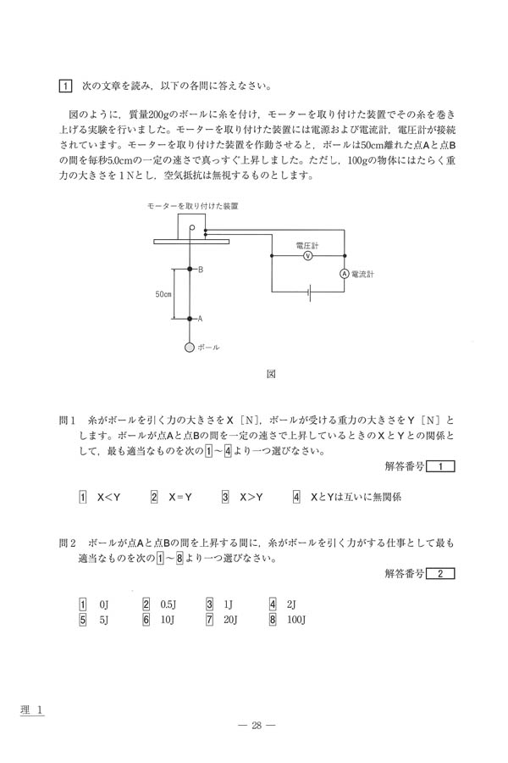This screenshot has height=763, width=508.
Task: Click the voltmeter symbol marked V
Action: coord(308,254)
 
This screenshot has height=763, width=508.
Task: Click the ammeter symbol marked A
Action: coord(345,274)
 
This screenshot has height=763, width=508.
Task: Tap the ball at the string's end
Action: coord(190,347)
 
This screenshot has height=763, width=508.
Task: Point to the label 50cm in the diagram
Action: coord(163,294)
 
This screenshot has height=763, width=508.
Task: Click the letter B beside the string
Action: coord(201,270)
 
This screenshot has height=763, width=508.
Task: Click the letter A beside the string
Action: coord(201,319)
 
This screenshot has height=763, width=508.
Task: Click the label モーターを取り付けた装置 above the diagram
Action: coord(192,206)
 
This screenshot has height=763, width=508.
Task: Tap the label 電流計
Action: coord(367,275)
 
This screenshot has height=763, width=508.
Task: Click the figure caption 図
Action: coord(272,372)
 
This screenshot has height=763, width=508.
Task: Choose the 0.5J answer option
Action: coord(167,604)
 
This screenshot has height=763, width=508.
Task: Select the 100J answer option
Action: coord(296,619)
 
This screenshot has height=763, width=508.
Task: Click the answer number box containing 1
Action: coord(441,465)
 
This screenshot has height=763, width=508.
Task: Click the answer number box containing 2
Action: coord(441,574)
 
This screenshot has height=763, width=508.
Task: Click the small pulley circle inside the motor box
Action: coord(192,227)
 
